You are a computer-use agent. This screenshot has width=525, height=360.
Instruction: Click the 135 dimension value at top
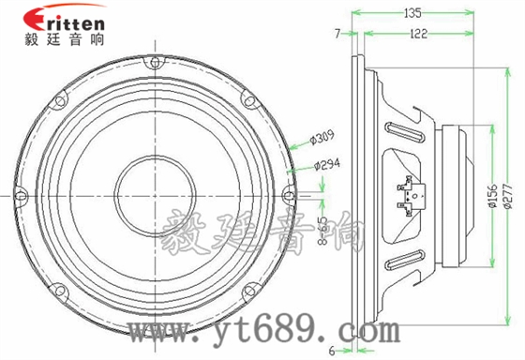tap(411, 13)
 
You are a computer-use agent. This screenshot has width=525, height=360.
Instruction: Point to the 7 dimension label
tap(337, 34)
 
